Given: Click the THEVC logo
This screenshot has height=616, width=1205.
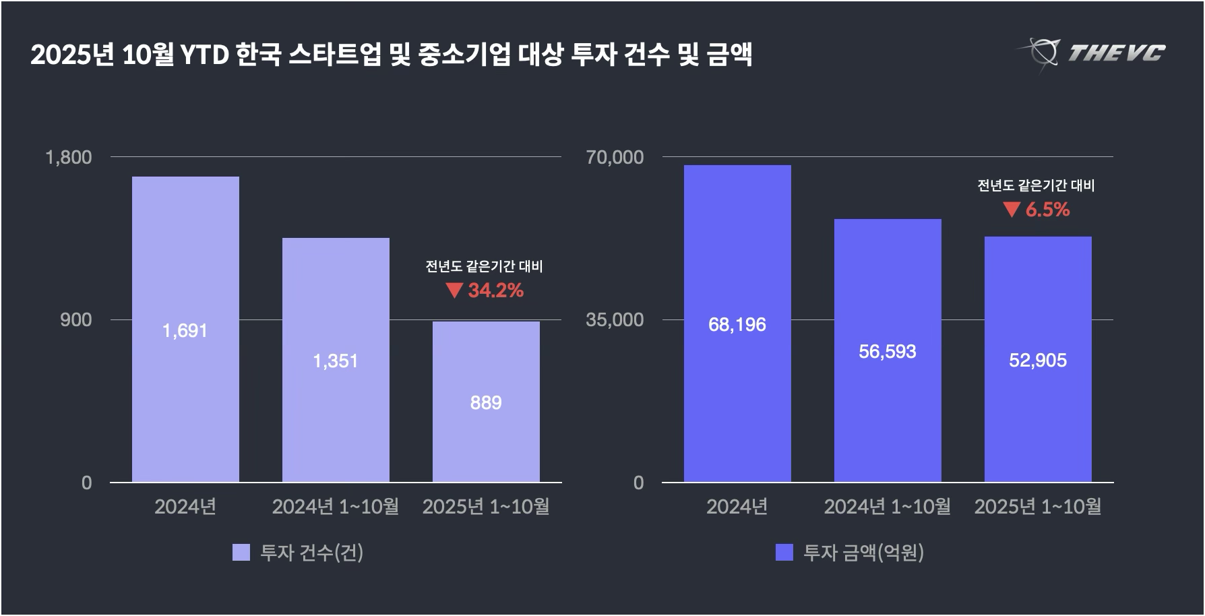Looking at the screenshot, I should pos(1092,53).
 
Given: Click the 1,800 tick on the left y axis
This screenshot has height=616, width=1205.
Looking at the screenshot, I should pos(68,158).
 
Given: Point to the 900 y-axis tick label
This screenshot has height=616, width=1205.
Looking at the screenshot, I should pos(75,320).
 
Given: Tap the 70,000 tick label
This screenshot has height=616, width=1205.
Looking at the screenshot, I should pos(615,158).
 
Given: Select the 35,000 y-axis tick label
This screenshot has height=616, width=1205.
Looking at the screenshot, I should pos(615,320).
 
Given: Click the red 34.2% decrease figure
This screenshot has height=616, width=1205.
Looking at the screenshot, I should pos(496,290).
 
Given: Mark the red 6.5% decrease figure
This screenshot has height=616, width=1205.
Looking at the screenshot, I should pos(1048,210).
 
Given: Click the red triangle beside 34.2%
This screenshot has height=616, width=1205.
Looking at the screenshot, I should pos(454,290).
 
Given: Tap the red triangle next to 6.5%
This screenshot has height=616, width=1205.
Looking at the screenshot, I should pos(1012,210).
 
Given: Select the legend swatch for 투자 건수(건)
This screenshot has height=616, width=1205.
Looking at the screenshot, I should pos(241,553).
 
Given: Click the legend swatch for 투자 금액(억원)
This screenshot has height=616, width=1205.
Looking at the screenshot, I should pos(784,553).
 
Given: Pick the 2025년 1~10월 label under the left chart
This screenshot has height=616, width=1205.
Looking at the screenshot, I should pos(486,507).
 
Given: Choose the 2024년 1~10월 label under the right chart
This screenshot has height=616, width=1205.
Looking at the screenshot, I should pos(887,507).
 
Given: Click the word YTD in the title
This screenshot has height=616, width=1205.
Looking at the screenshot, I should pos(204,55).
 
